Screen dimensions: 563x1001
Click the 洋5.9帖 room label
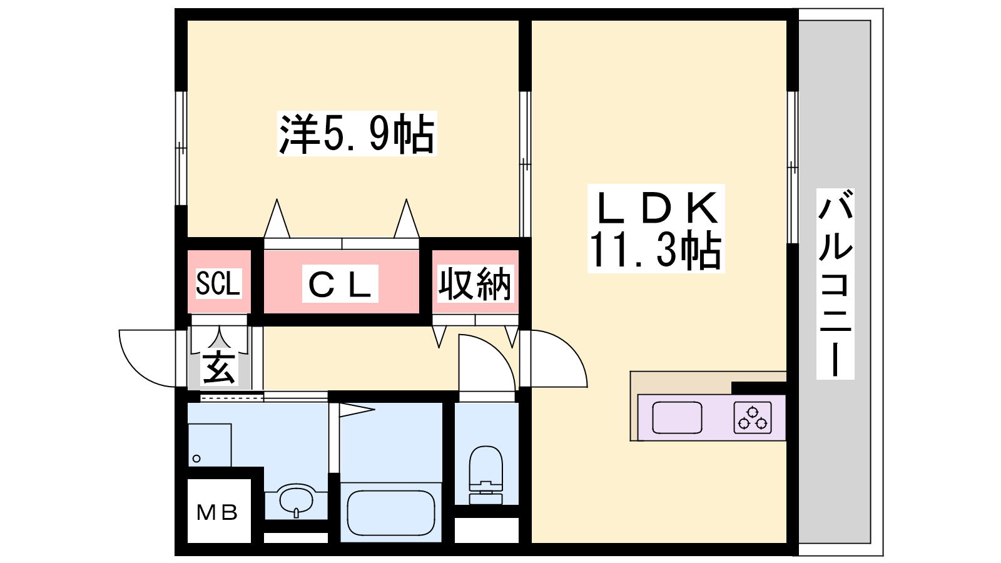click(x=357, y=133)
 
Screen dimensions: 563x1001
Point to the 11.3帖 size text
click(x=655, y=250)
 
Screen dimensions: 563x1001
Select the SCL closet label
click(x=218, y=283)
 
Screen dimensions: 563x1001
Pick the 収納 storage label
click(x=475, y=285)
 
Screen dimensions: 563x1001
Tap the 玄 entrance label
click(x=219, y=367)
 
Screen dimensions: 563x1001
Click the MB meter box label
click(x=217, y=513)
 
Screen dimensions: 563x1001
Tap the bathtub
click(x=391, y=512)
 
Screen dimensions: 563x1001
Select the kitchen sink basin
click(x=677, y=418)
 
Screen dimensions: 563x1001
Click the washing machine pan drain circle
click(x=196, y=459)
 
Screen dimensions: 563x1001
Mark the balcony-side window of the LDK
click(x=792, y=166)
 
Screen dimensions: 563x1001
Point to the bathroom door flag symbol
click(x=355, y=410)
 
